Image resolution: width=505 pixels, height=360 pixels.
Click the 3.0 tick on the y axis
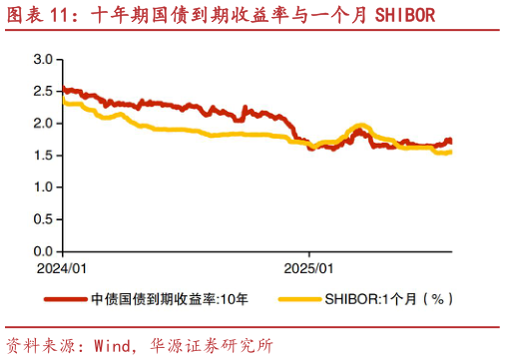[x=42, y=60]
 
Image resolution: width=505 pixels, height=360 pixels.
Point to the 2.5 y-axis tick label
[x=42, y=92]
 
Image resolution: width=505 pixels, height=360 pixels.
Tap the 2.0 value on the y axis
[x=42, y=123]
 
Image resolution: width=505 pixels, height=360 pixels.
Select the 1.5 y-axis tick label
[x=42, y=155]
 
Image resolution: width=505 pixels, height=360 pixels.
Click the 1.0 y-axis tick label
[x=42, y=186]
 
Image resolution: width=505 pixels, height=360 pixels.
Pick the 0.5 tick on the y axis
[x=42, y=218]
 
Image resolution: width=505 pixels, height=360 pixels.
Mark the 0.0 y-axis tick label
[x=42, y=249]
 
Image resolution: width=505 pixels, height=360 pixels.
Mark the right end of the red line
[x=450, y=142]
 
